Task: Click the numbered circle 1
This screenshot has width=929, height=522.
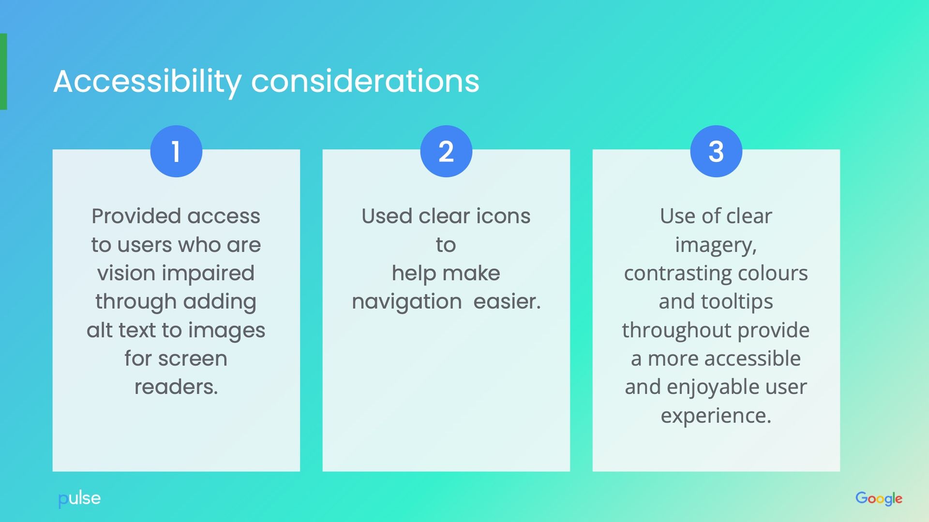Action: pyautogui.click(x=176, y=151)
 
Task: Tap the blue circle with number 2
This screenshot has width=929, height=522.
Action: pyautogui.click(x=446, y=151)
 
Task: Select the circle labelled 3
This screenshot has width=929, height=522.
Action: pyautogui.click(x=716, y=151)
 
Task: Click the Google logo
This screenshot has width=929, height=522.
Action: pyautogui.click(x=879, y=498)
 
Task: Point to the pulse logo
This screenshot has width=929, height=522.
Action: pyautogui.click(x=79, y=498)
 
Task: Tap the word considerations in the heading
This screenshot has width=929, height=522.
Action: pyautogui.click(x=365, y=81)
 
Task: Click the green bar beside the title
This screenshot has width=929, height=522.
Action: pyautogui.click(x=3, y=72)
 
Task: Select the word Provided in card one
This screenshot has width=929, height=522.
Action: pyautogui.click(x=136, y=216)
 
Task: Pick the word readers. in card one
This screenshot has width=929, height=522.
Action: pyautogui.click(x=176, y=387)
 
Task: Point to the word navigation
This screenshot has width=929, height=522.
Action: pyautogui.click(x=407, y=302)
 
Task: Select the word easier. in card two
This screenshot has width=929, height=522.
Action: pyautogui.click(x=507, y=302)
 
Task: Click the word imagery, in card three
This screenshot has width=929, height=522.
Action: pyautogui.click(x=716, y=245)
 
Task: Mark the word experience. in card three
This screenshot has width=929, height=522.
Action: pyautogui.click(x=716, y=416)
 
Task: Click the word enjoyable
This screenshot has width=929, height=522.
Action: pyautogui.click(x=714, y=387)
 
